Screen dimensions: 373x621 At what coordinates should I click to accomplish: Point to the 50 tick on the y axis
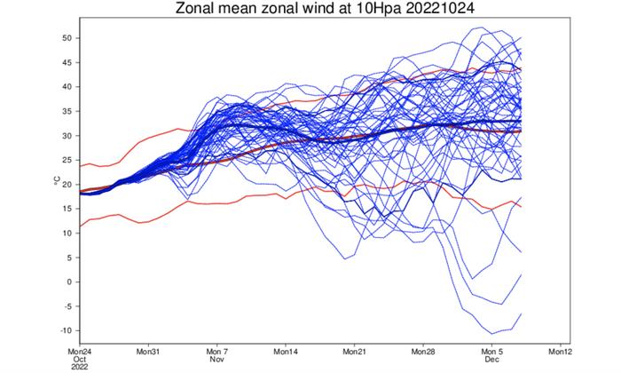(x=67, y=38)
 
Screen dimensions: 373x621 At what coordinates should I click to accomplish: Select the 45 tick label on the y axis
(x=67, y=63)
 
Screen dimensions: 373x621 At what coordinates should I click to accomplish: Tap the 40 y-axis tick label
(x=67, y=87)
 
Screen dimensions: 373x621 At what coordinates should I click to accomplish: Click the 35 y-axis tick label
(x=67, y=112)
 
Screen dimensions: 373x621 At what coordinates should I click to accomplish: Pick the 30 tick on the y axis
(x=67, y=136)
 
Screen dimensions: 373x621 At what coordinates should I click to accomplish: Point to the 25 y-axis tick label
(x=67, y=160)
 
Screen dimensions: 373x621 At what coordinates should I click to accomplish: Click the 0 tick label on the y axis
(x=69, y=282)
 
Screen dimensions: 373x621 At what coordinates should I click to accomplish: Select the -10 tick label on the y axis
(x=65, y=330)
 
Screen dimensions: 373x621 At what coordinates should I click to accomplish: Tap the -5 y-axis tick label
(x=67, y=306)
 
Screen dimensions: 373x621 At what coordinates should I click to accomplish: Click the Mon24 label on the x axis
(x=79, y=351)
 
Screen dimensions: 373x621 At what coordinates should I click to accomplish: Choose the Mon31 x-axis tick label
(x=148, y=351)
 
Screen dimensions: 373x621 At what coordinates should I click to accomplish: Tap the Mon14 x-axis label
(x=287, y=351)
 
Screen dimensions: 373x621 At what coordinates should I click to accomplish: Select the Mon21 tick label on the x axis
(x=355, y=351)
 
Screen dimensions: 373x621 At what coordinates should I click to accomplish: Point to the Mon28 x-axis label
(x=424, y=351)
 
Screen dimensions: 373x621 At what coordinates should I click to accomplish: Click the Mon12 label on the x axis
(x=562, y=351)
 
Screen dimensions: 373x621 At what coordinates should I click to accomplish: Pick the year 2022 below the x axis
(x=79, y=369)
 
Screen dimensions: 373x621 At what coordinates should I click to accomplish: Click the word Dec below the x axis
(x=492, y=360)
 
